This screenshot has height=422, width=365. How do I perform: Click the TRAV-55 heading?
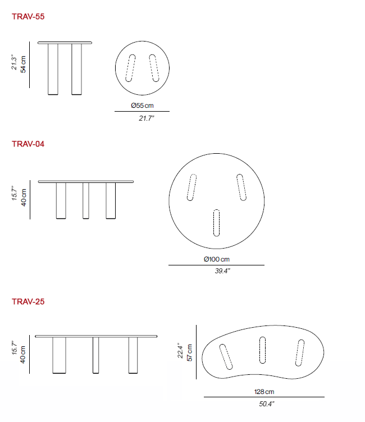tap(28, 17)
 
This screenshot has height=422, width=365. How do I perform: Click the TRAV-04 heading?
tap(28, 144)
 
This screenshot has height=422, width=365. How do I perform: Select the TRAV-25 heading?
tap(28, 302)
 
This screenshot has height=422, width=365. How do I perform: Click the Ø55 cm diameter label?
tap(142, 105)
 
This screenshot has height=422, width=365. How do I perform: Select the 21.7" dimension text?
tap(142, 118)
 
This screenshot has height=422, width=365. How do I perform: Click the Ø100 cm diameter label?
tap(216, 259)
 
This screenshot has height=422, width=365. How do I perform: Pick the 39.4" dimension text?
tap(216, 271)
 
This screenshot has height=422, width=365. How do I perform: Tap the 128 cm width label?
tap(263, 392)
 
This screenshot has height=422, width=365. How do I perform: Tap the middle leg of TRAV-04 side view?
tap(86, 200)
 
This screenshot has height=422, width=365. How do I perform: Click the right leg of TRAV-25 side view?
tap(133, 355)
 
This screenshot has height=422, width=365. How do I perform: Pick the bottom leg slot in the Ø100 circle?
tap(216, 223)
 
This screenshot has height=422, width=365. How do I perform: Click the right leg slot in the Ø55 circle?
tap(154, 68)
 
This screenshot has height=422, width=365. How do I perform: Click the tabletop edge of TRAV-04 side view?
tap(86, 182)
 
